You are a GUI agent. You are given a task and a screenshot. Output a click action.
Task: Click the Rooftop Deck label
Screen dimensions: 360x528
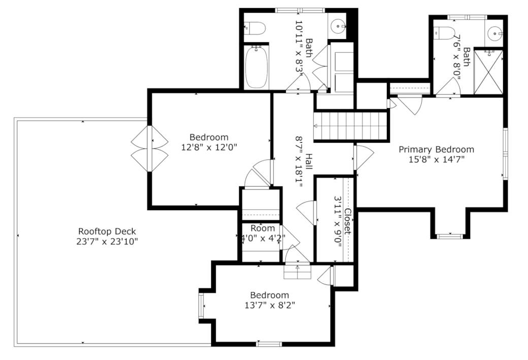tap(107, 231)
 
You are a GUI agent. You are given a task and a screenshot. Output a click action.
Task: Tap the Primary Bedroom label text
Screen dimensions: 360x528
tap(436, 149)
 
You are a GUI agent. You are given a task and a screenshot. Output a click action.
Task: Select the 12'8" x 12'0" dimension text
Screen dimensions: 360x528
tap(209, 147)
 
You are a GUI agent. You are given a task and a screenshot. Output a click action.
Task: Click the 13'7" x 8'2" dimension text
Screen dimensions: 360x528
tap(270, 305)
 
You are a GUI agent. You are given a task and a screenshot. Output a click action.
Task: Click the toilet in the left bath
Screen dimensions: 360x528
tap(254, 29)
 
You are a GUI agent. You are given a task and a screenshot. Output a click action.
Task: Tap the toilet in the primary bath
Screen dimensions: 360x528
tap(443, 33)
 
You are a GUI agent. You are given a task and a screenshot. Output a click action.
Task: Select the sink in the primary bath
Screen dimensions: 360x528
tap(494, 34)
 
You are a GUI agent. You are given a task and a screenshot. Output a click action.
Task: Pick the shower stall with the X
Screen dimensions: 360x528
tap(488, 72)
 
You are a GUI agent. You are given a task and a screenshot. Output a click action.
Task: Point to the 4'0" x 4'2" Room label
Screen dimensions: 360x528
tap(262, 228)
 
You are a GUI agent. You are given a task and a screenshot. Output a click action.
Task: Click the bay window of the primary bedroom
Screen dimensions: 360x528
tap(450, 236)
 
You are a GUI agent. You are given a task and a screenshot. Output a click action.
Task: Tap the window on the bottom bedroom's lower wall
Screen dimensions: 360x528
tap(269, 344)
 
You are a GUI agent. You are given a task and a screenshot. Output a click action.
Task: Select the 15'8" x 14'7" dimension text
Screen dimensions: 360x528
tap(436, 159)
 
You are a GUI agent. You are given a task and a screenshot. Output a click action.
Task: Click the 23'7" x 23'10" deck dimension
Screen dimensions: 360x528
tap(107, 241)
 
